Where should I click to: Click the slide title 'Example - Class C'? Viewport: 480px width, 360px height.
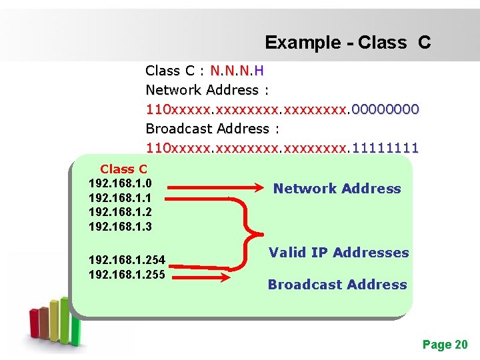(347, 43)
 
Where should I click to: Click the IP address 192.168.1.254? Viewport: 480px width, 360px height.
(126, 261)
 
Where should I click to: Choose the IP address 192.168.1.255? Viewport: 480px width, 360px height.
(126, 274)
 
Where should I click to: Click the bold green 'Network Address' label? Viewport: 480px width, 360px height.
(337, 189)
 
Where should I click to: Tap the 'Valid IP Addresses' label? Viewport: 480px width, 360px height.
(339, 253)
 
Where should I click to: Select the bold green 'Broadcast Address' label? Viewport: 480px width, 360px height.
(337, 285)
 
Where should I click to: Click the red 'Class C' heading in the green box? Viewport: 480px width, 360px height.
(123, 169)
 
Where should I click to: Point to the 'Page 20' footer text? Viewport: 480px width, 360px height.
(445, 345)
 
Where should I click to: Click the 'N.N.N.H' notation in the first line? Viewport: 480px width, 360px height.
(237, 71)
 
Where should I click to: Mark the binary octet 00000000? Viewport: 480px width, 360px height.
(385, 109)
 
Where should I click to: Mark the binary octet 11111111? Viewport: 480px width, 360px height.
(385, 147)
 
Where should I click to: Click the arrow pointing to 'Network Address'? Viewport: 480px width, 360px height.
(214, 189)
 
